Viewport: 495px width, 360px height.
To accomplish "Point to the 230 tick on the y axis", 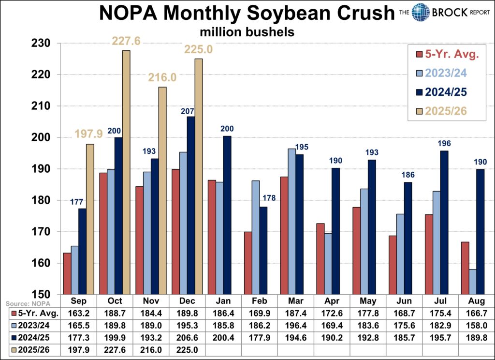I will coord(41,44).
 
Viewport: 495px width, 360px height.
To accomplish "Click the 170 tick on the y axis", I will coord(41,232).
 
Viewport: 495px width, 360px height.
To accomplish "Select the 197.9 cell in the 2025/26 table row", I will coord(81,348).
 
